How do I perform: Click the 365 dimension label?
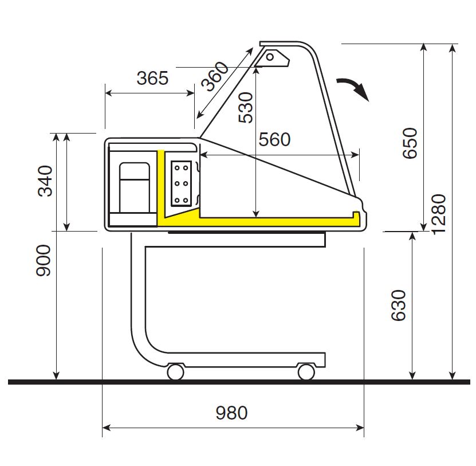click(152, 78)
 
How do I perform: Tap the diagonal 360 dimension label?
click(215, 76)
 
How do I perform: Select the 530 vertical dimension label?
click(246, 108)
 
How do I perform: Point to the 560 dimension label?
click(274, 139)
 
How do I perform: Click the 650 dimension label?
click(410, 143)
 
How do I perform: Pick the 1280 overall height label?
click(439, 214)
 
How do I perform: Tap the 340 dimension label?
click(45, 181)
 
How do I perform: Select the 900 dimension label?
click(43, 261)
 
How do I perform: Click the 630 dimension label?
click(398, 306)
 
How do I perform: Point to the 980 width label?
click(231, 413)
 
